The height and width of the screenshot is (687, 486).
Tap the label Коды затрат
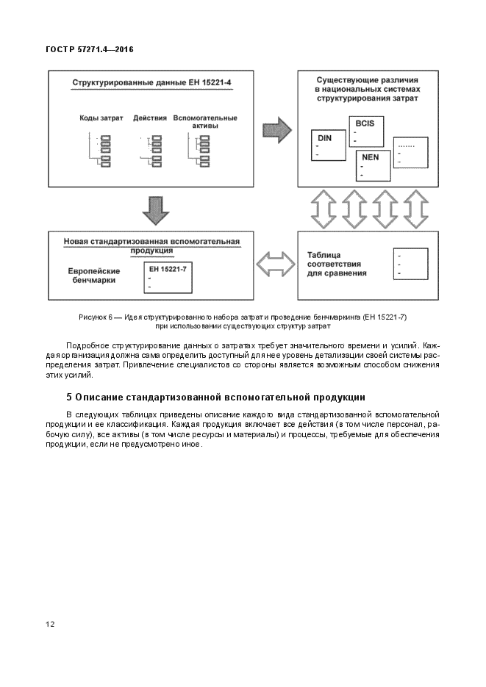[100, 118]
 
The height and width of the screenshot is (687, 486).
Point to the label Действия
[150, 118]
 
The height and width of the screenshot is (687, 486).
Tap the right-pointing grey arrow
[277, 131]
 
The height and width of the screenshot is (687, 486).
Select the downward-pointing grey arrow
[155, 209]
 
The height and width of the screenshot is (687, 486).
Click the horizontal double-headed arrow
[274, 262]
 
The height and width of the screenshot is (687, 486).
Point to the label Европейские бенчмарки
[93, 276]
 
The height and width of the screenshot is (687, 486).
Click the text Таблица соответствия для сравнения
[337, 264]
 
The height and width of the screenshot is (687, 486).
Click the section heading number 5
[69, 398]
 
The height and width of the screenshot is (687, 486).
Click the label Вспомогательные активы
[204, 121]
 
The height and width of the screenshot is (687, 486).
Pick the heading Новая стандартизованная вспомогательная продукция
[152, 245]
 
